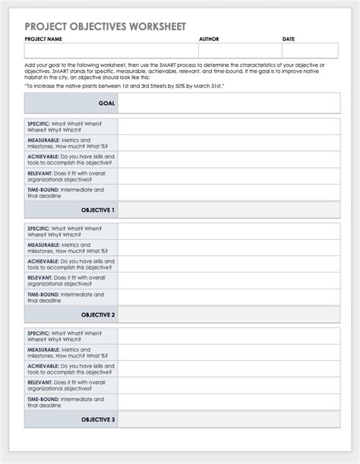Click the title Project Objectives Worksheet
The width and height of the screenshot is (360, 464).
point(104,26)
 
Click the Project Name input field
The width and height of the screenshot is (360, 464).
point(111,51)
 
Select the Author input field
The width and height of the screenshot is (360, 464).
point(239,51)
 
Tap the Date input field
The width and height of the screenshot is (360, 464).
point(308,51)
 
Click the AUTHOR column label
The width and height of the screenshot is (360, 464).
point(209,39)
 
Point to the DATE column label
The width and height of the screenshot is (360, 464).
point(289,39)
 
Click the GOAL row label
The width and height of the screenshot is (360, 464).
point(106,103)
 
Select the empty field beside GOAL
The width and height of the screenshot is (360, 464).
point(227,103)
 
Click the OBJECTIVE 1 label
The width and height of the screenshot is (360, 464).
point(98,210)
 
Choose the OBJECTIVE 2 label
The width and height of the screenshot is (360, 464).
point(98,314)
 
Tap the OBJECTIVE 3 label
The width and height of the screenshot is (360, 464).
point(98,419)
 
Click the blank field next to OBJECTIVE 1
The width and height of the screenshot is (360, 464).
point(227,210)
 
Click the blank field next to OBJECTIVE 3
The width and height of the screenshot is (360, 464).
point(227,419)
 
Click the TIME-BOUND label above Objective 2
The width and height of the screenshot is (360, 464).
point(44,294)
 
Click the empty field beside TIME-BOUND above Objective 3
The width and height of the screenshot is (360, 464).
point(227,402)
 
